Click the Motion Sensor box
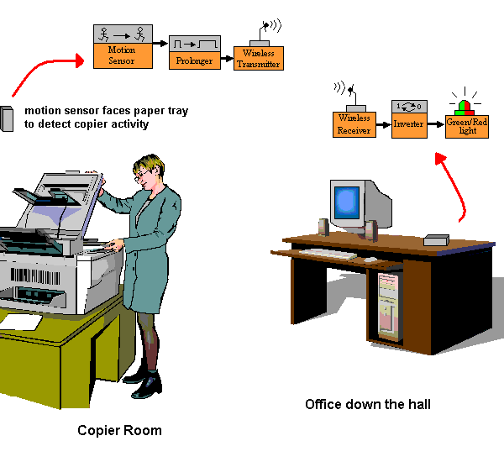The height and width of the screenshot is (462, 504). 122,55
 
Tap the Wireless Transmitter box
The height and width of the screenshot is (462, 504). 258,59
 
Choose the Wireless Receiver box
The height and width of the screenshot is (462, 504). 354,124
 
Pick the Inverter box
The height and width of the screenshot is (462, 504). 408,124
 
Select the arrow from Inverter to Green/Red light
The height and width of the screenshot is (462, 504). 434,123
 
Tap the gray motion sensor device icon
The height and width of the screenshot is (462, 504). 7,118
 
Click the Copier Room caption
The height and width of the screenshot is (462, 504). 119,430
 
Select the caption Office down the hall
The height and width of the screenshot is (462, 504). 368,405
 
